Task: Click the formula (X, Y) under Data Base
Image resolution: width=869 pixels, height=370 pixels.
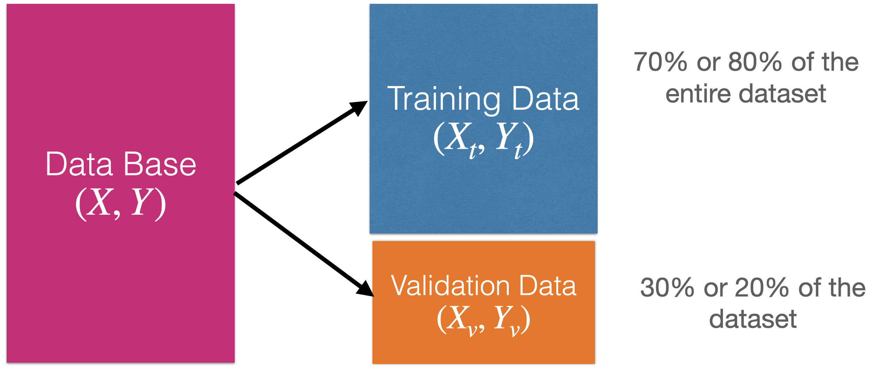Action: (x=121, y=203)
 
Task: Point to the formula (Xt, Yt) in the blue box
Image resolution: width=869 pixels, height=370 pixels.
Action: (x=483, y=139)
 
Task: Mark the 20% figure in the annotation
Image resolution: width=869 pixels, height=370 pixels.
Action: (x=762, y=288)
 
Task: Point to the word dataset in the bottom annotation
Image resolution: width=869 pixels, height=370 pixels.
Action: (x=753, y=319)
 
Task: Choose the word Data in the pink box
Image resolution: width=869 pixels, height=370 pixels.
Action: (x=79, y=164)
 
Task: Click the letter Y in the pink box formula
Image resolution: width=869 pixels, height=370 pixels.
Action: (x=142, y=202)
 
